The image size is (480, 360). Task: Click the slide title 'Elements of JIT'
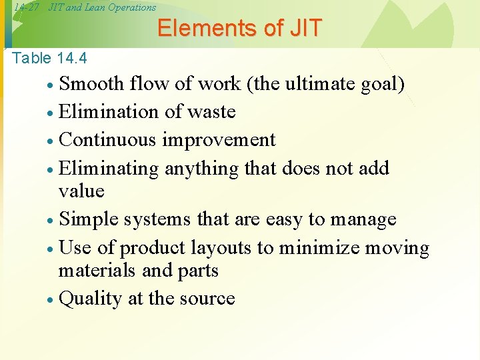(239, 29)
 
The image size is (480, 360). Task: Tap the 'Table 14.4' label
(50, 59)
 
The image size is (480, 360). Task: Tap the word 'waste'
(211, 112)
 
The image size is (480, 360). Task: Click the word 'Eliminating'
(109, 168)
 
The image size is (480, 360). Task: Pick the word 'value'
(81, 191)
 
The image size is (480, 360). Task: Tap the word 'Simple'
(90, 219)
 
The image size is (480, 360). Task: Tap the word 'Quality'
(90, 299)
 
